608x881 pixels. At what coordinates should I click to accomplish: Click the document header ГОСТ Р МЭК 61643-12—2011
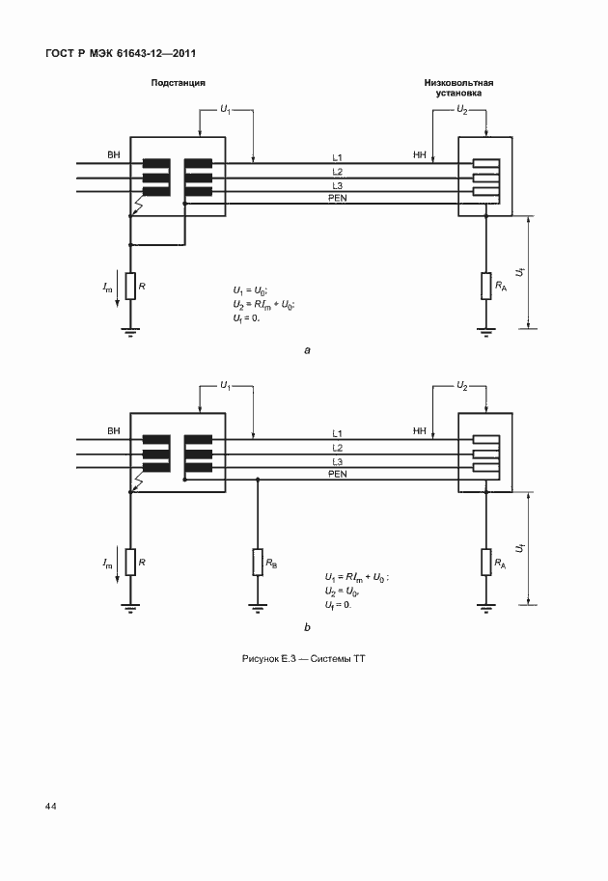(121, 54)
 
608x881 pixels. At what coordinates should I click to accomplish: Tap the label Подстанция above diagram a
(179, 83)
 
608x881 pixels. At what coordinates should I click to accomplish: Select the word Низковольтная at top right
(459, 83)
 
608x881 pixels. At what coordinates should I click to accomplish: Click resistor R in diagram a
(130, 286)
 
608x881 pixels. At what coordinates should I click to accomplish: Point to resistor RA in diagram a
(486, 286)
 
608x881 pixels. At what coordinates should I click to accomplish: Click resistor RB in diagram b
(258, 562)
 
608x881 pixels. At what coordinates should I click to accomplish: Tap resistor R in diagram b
(130, 562)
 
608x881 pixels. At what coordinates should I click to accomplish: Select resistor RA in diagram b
(486, 562)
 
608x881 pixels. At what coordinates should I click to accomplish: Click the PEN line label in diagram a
(338, 198)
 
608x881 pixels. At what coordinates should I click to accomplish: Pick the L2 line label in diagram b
(337, 448)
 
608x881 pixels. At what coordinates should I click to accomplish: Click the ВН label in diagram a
(114, 154)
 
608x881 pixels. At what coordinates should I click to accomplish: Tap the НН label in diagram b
(420, 431)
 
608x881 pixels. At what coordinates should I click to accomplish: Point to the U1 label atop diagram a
(225, 110)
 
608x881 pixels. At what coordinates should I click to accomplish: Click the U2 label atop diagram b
(462, 386)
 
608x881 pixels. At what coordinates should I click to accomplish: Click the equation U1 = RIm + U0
(357, 578)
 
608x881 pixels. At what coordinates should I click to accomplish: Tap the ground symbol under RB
(258, 607)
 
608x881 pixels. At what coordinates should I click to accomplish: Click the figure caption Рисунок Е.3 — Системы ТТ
(303, 658)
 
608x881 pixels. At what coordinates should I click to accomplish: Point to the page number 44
(50, 807)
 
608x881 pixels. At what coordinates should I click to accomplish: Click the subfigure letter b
(307, 627)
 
